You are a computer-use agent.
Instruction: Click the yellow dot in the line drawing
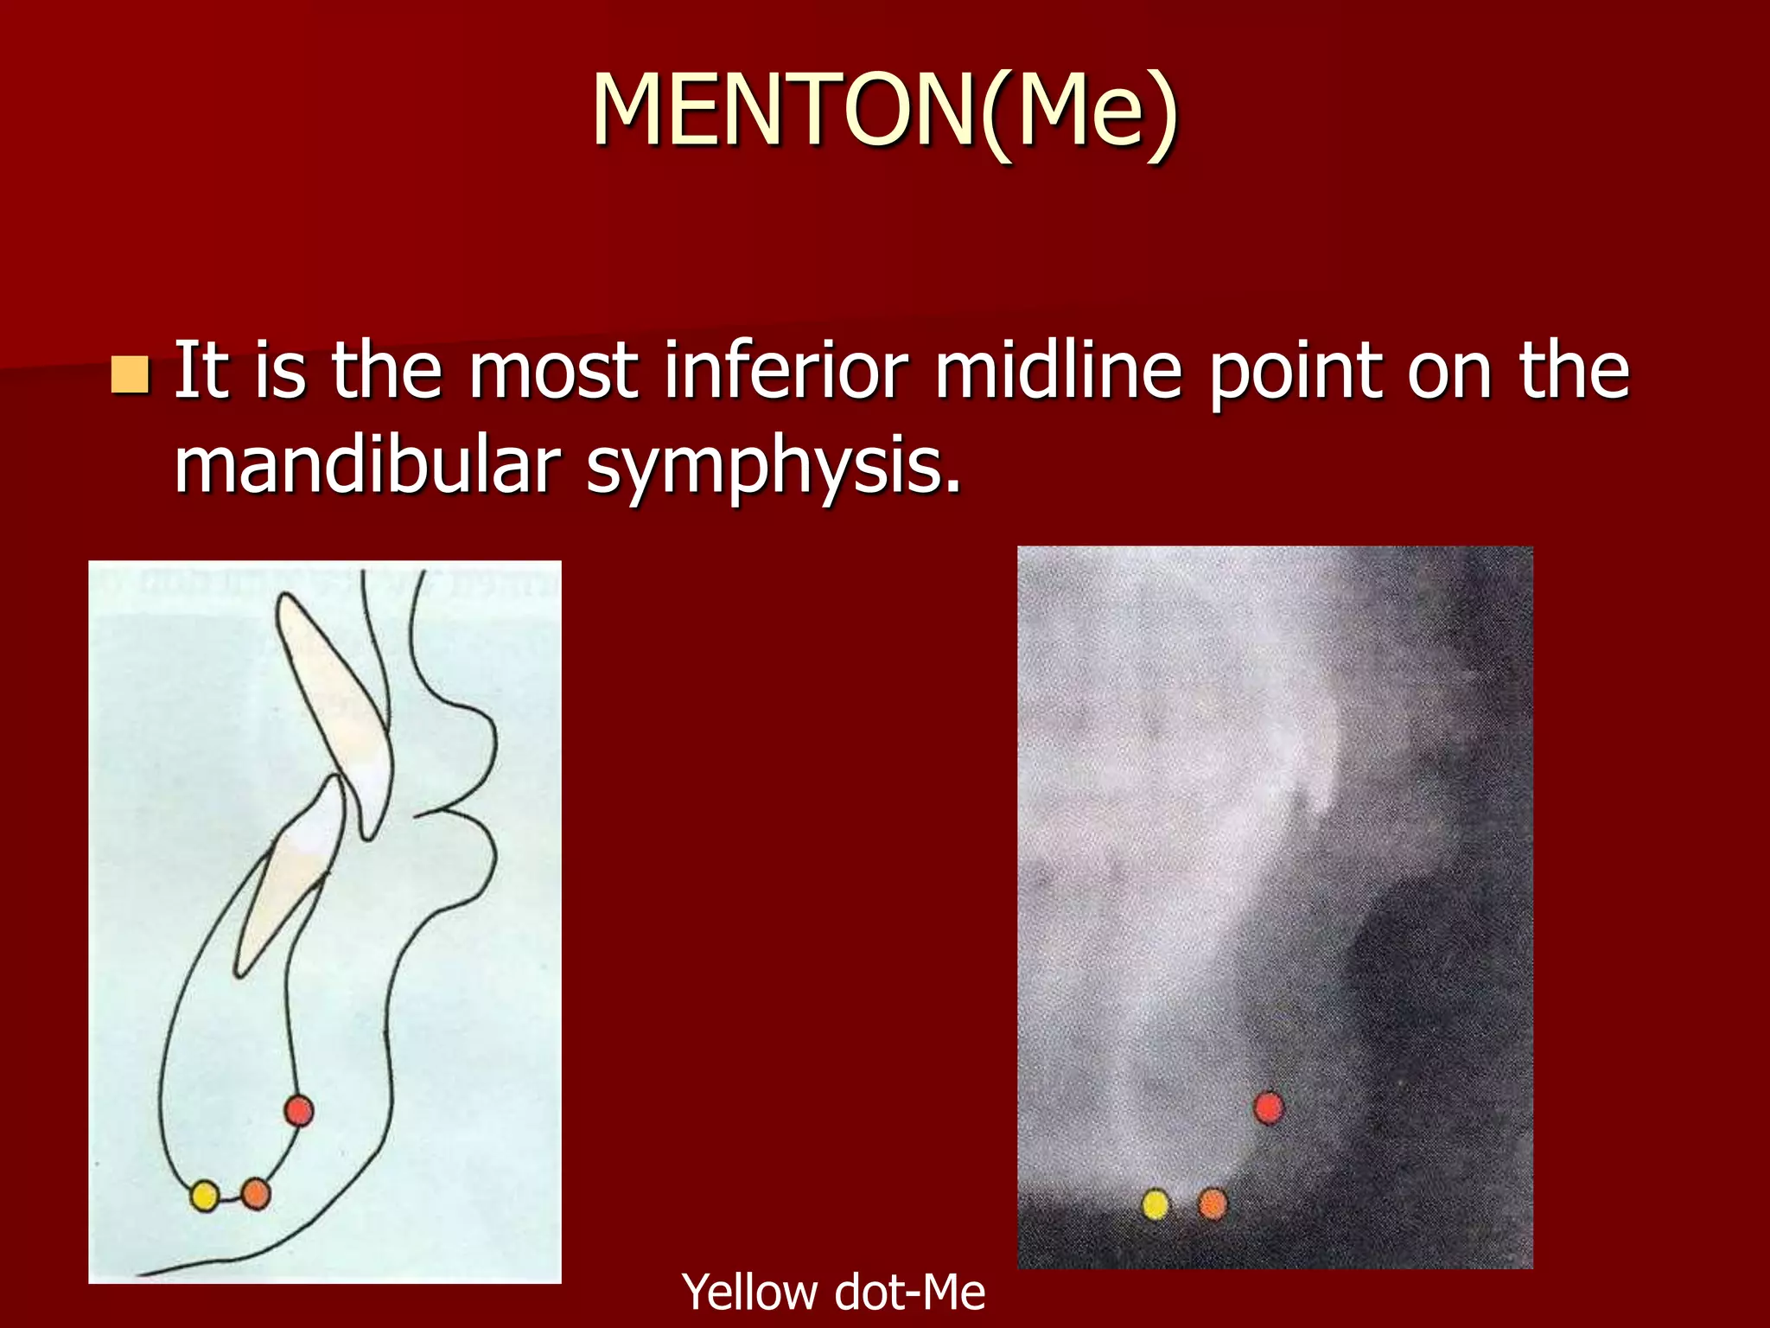click(x=204, y=1196)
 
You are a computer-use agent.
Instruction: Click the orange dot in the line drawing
click(x=256, y=1194)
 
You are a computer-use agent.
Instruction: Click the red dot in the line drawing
click(x=298, y=1110)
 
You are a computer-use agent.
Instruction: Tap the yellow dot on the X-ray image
click(x=1156, y=1203)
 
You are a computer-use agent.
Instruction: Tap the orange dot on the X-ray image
click(x=1213, y=1203)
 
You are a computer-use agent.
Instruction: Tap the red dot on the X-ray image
click(x=1268, y=1108)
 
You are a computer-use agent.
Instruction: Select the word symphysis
click(x=773, y=467)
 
